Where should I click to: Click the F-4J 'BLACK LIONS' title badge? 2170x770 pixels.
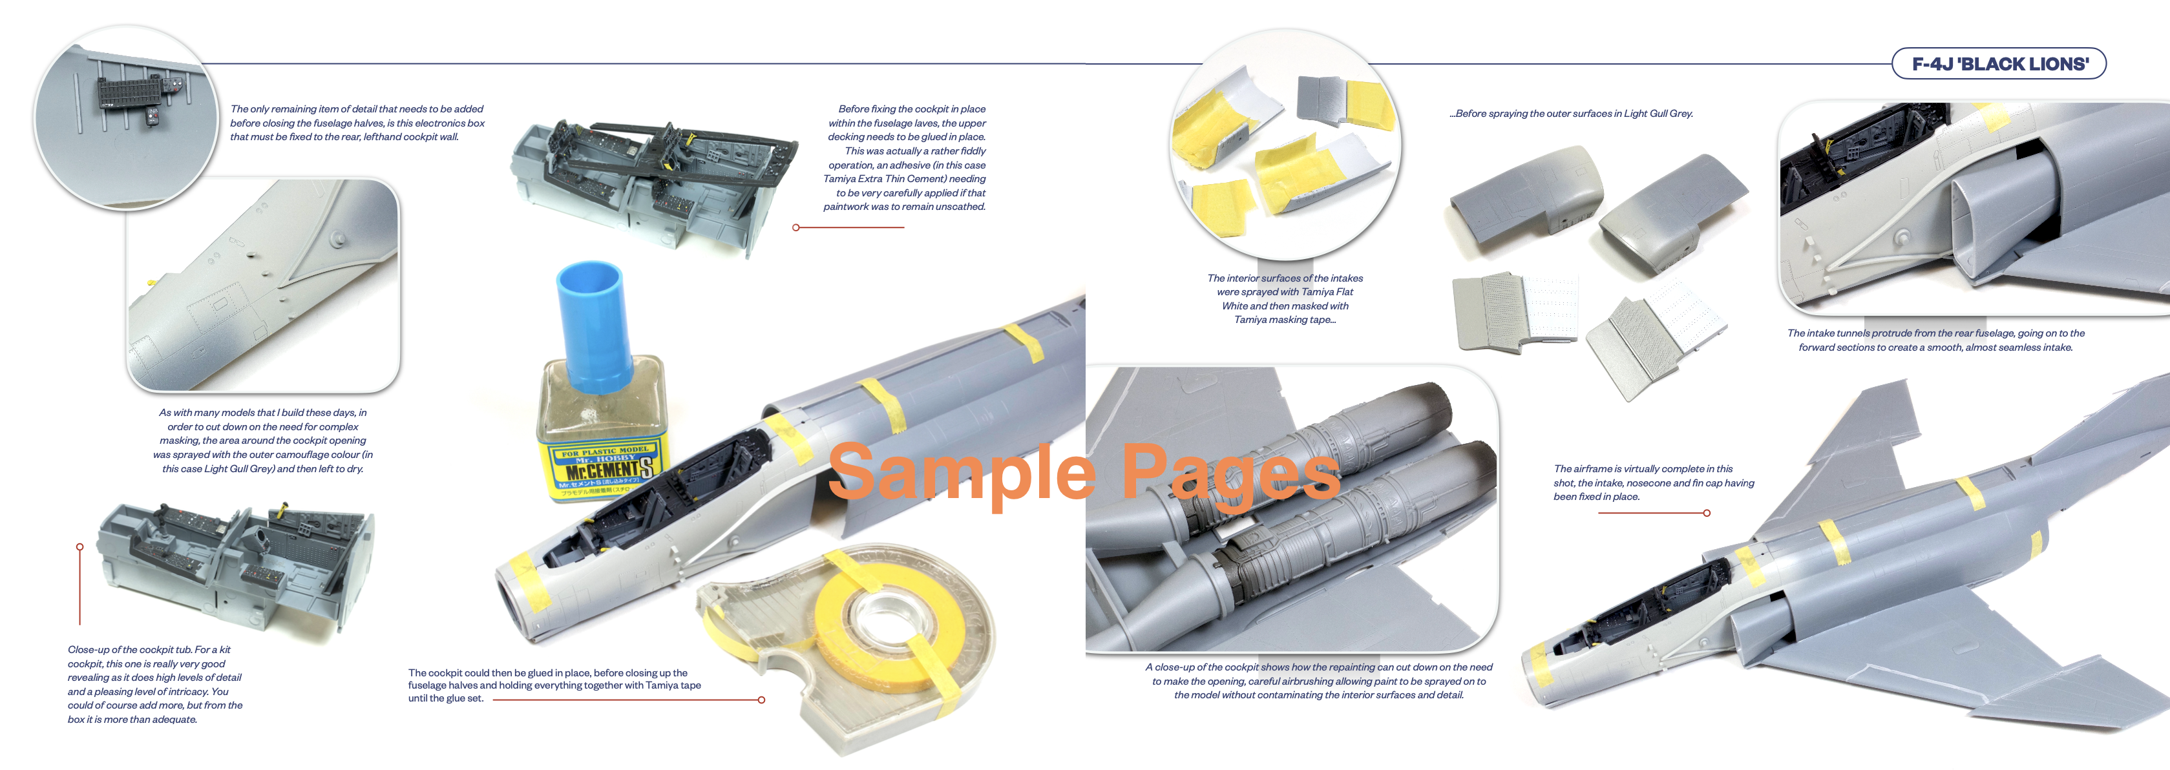(1998, 64)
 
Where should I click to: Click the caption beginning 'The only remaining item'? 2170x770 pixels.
(357, 123)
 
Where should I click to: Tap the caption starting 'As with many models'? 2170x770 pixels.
(263, 441)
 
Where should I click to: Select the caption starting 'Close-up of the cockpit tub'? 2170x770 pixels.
(155, 685)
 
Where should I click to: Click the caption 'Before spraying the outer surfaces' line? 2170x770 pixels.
(1571, 114)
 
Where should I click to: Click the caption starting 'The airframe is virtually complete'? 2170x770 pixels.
(1654, 483)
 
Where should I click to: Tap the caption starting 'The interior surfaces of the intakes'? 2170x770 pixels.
(1285, 299)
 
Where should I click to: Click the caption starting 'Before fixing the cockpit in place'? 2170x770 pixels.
(905, 158)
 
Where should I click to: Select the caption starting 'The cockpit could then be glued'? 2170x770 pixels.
(554, 685)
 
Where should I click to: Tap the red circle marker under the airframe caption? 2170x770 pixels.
(1707, 513)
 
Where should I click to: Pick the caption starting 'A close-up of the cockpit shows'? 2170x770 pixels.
(1318, 681)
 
